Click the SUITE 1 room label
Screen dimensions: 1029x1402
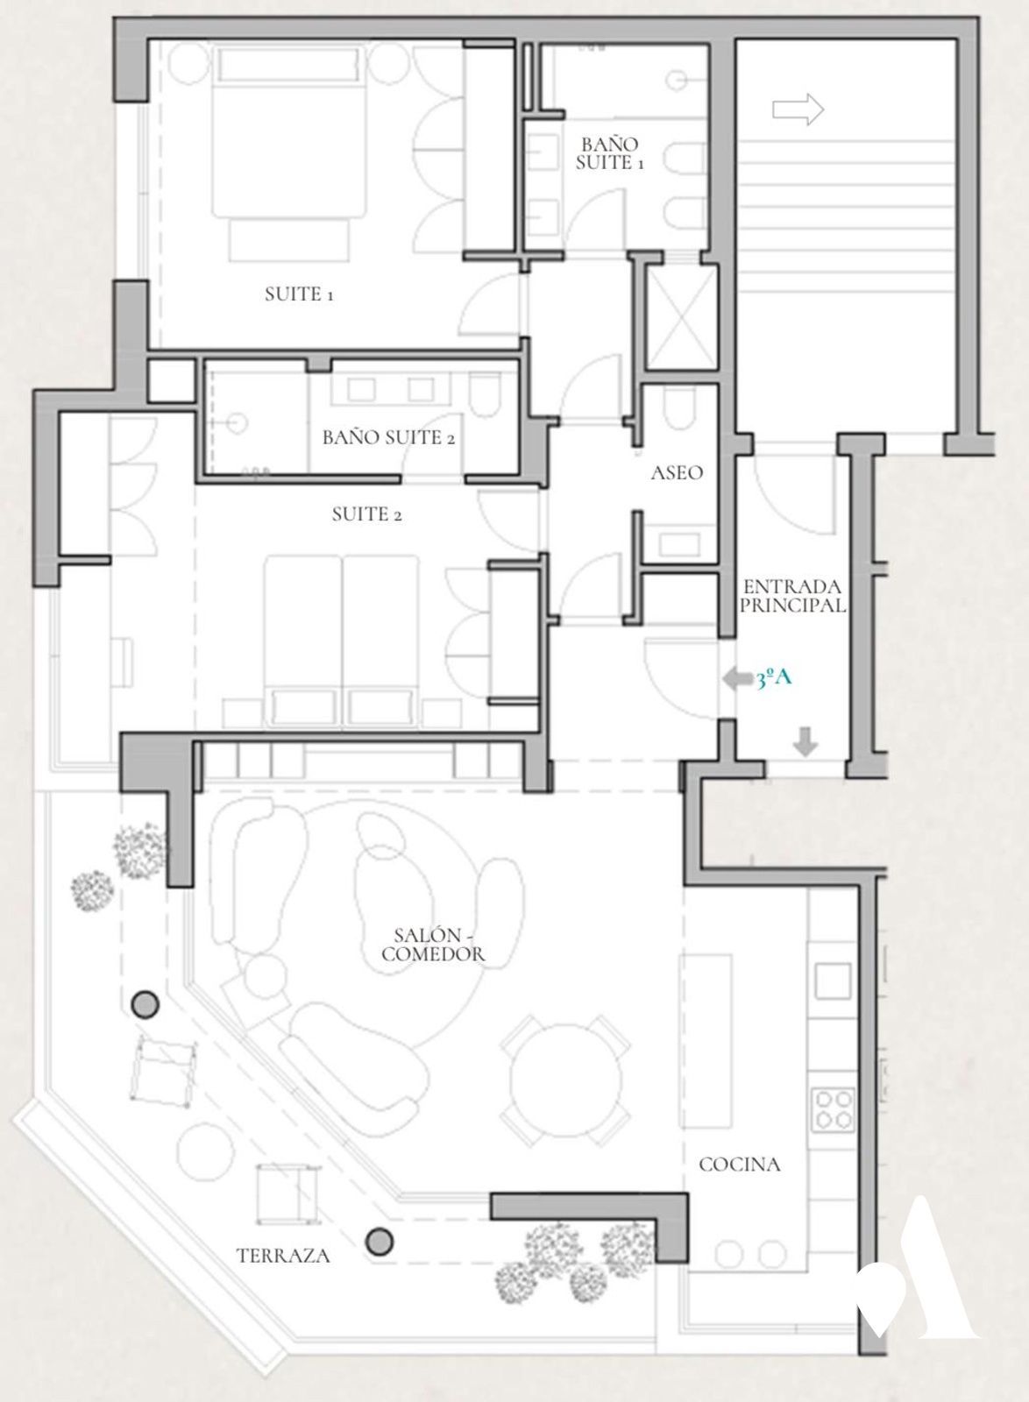tap(299, 294)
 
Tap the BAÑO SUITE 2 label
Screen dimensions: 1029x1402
tap(388, 437)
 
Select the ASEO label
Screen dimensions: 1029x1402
tap(677, 472)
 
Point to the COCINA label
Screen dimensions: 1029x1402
tap(739, 1165)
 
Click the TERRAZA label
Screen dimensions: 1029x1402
tap(283, 1256)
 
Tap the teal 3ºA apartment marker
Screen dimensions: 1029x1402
tap(774, 678)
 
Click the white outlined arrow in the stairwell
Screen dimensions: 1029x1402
tap(798, 110)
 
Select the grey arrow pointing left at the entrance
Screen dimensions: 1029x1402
tap(738, 679)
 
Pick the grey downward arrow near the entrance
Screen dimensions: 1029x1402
tap(805, 741)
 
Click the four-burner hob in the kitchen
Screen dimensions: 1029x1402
tap(833, 1110)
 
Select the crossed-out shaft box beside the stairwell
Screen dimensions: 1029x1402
tap(680, 317)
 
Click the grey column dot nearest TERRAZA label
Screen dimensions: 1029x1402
tap(380, 1241)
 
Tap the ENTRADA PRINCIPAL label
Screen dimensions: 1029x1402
tap(792, 596)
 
